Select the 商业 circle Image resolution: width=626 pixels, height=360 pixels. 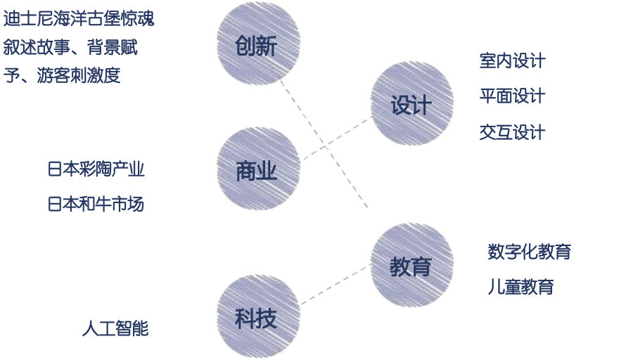click(x=257, y=169)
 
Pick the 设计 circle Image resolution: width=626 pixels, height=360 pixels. click(x=411, y=103)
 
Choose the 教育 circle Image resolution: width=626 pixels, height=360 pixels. click(x=411, y=265)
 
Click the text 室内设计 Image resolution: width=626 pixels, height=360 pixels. click(x=512, y=61)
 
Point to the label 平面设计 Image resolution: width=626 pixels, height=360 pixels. click(x=512, y=96)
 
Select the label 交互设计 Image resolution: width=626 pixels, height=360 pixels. click(x=512, y=132)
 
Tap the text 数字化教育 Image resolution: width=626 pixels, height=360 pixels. click(x=529, y=252)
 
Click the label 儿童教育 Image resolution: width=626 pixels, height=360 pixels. click(x=520, y=287)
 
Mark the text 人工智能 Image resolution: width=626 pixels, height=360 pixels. click(x=115, y=328)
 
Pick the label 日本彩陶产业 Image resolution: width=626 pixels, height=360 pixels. click(x=96, y=169)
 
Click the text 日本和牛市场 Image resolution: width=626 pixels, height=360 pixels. click(x=96, y=205)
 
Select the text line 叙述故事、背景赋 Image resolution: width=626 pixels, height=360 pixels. click(x=70, y=48)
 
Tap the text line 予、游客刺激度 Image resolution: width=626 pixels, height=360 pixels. click(x=62, y=75)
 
